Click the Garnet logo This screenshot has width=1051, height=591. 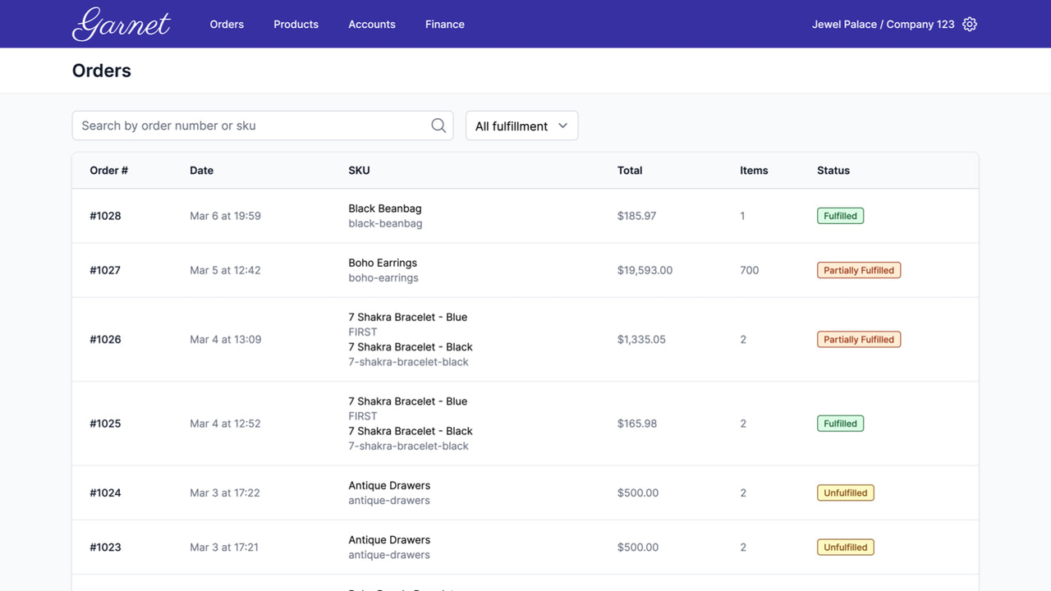click(122, 24)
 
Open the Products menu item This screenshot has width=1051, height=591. click(296, 25)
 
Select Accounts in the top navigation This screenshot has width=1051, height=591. click(371, 25)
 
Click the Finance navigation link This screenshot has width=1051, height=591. click(444, 25)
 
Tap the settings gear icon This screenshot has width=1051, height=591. click(970, 25)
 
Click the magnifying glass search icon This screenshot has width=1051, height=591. click(438, 126)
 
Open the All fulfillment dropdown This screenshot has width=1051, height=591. click(521, 126)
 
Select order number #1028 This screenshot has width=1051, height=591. click(105, 216)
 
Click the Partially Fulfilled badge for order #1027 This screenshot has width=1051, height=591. click(858, 270)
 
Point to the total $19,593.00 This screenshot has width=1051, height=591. click(645, 270)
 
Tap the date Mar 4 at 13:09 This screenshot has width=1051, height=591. click(225, 339)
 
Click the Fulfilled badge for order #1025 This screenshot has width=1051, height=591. click(840, 424)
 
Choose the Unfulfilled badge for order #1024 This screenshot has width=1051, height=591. click(845, 492)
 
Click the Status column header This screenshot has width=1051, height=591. click(833, 171)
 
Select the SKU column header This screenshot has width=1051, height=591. click(359, 171)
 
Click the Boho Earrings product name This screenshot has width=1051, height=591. click(383, 263)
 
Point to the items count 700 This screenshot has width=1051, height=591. click(749, 270)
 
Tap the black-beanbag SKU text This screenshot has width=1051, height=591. click(385, 223)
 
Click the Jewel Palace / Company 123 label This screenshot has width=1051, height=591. click(883, 25)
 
